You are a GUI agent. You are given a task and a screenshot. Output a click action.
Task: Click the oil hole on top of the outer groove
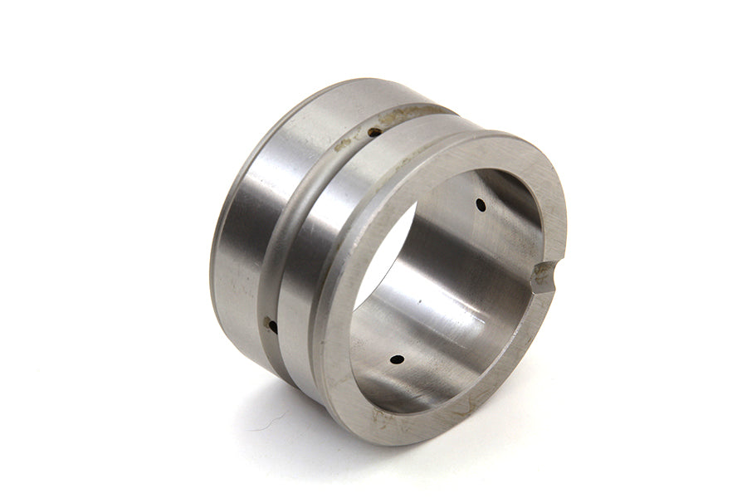point(374,131)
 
